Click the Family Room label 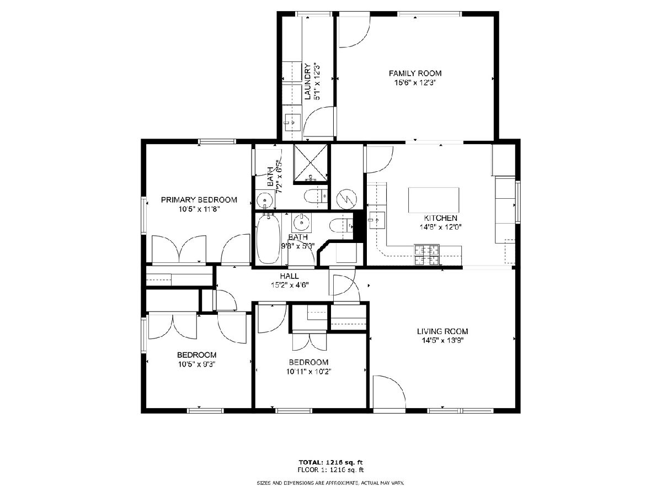(x=415, y=73)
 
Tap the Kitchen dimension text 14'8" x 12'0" (x=441, y=227)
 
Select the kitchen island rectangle (x=434, y=200)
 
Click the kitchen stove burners (x=426, y=255)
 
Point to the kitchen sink (x=376, y=220)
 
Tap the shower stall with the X (x=311, y=163)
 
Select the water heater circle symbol (x=346, y=199)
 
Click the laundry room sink (x=292, y=122)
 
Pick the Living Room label (x=442, y=331)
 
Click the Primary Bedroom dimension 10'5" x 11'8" (x=199, y=209)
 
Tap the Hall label (x=289, y=276)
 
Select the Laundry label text (x=307, y=82)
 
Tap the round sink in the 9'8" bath (x=301, y=223)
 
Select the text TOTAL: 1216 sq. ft (x=330, y=462)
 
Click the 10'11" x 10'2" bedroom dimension (x=308, y=372)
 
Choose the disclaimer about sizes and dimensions (x=330, y=483)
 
